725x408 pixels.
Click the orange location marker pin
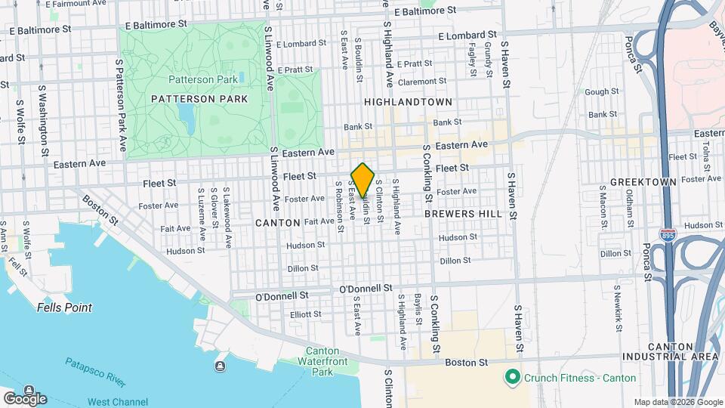click(x=362, y=180)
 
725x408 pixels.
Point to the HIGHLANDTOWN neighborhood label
click(x=408, y=102)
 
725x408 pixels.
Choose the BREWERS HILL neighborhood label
click(x=463, y=214)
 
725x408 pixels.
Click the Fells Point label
click(x=64, y=308)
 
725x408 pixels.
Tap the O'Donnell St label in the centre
click(x=366, y=289)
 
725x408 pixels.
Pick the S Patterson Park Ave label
click(x=120, y=105)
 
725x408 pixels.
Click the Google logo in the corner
click(x=25, y=398)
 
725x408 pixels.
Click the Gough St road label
click(x=602, y=91)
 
